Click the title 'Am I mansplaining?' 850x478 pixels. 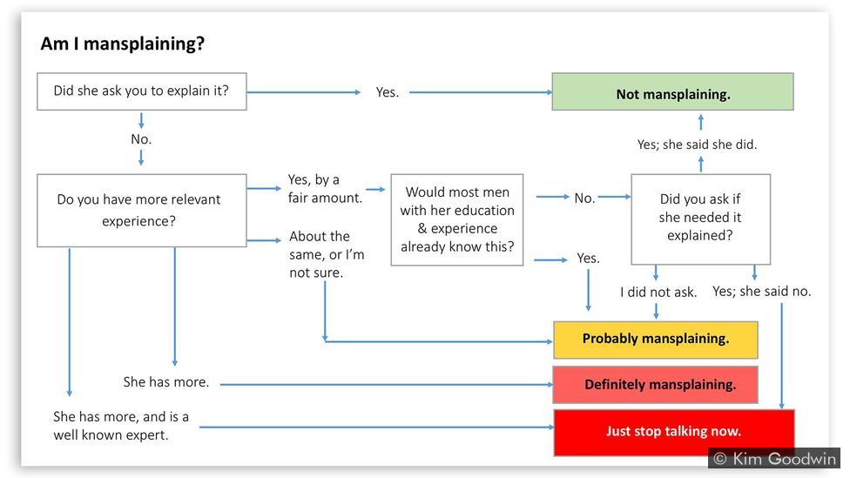coord(123,44)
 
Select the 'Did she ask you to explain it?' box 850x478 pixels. coord(141,91)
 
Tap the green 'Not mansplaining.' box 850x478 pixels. coord(672,92)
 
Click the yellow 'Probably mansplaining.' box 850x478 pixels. coord(656,340)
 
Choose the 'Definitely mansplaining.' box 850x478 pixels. coord(656,385)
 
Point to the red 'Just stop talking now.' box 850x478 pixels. coord(674,432)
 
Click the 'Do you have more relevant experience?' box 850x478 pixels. coord(141,211)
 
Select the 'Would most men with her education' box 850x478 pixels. coord(457,219)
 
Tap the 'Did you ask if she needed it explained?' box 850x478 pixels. coord(700,219)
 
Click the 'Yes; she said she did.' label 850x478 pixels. coord(697,145)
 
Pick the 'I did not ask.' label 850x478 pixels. coord(658,293)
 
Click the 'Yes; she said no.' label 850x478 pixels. coord(762,292)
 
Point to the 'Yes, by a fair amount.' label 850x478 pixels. coord(325,189)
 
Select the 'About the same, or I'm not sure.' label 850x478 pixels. coord(327,254)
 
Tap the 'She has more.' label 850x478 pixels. coord(165,382)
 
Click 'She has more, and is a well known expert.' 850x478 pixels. coord(121,426)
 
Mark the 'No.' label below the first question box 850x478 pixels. coord(141,139)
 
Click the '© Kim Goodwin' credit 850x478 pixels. coord(774,459)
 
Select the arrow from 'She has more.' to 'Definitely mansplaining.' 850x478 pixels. coord(387,384)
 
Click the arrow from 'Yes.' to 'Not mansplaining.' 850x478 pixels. coord(481,92)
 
